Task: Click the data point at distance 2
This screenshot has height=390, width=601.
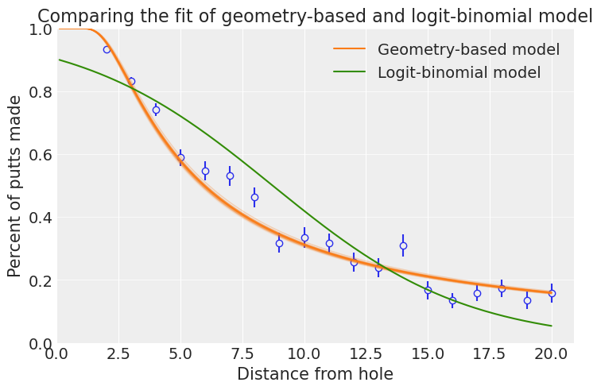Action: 107,49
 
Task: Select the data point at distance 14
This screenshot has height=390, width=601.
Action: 403,246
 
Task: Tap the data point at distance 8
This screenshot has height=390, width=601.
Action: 254,197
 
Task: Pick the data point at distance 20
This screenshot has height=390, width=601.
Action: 552,294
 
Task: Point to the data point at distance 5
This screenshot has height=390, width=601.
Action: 180,158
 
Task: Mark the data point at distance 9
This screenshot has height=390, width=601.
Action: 279,243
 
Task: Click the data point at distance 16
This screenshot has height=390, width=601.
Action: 452,300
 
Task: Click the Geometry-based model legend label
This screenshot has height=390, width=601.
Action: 468,50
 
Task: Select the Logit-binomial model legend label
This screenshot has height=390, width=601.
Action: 459,73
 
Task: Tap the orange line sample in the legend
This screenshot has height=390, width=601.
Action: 349,50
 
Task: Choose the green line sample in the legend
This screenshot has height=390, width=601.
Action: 349,73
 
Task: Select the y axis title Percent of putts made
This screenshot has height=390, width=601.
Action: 15,186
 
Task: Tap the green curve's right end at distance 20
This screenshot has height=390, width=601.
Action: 552,326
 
